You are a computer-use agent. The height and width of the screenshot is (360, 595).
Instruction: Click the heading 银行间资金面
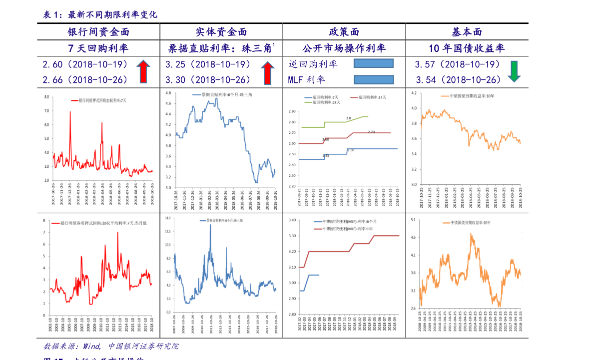[x=98, y=32]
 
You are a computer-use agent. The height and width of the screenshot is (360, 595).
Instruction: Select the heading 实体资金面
[x=221, y=32]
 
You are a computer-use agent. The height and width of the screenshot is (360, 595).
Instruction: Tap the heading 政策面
[x=344, y=32]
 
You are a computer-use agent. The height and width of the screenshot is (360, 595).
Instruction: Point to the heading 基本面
[x=467, y=32]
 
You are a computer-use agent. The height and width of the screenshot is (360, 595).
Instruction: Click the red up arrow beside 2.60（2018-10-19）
[x=143, y=71]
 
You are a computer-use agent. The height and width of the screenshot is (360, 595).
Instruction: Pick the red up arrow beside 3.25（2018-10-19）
[x=268, y=72]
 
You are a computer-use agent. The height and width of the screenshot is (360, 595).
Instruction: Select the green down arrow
[x=514, y=71]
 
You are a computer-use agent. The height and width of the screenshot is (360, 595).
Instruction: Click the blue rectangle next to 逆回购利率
[x=373, y=63]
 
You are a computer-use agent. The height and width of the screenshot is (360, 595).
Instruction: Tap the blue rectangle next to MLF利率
[x=374, y=79]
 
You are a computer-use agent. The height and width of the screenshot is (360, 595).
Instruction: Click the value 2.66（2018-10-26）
[x=85, y=80]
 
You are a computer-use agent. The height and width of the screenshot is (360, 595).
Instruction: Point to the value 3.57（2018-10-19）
[x=458, y=64]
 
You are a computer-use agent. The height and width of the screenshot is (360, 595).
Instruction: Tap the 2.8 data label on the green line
[x=348, y=118]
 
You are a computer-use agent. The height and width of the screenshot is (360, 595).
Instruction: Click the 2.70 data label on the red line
[x=371, y=132]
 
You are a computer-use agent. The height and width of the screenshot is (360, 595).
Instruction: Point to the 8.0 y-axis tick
[x=46, y=96]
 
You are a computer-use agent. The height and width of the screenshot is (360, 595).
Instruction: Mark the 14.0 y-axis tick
[x=168, y=219]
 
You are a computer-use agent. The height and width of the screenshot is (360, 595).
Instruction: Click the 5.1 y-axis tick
[x=413, y=220]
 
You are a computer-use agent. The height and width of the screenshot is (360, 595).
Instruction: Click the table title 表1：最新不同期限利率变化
[x=100, y=15]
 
